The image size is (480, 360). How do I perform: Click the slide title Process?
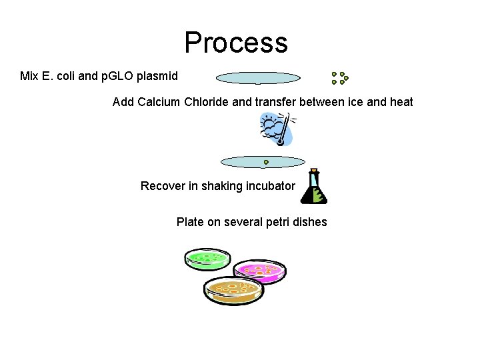coord(236,42)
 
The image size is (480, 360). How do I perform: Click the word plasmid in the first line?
coord(157,76)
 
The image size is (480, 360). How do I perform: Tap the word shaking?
coord(222,186)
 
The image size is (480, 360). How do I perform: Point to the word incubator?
coord(269,186)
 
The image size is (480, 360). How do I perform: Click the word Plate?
coord(190,222)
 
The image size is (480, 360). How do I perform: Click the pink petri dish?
coord(260,270)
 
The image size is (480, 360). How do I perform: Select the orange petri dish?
coord(233,290)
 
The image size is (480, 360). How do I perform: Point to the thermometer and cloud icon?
coord(277,129)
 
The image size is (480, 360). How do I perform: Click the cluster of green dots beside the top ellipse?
coord(340,78)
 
